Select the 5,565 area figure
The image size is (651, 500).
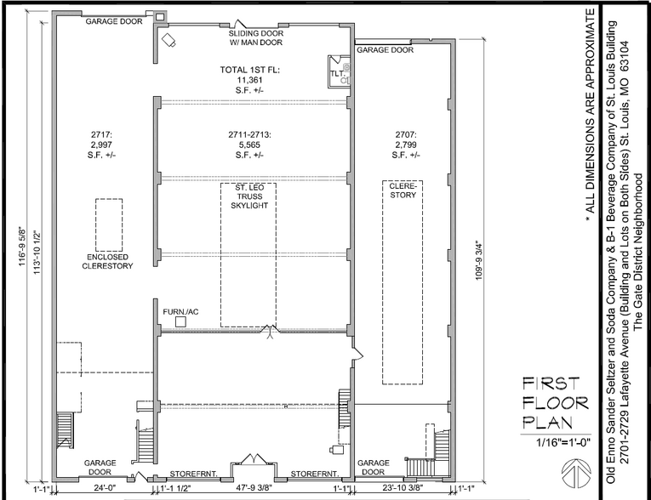pos(249,145)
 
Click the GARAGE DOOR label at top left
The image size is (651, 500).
pos(113,21)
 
